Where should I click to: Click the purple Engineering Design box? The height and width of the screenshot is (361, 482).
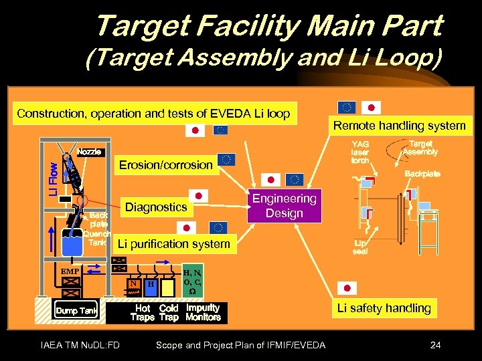(x=284, y=206)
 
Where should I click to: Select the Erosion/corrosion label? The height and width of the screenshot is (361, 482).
(x=165, y=165)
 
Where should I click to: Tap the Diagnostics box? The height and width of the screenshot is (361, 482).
(x=157, y=207)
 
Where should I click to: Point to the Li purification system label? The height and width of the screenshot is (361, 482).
(x=173, y=244)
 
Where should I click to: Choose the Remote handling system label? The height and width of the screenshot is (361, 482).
(x=399, y=126)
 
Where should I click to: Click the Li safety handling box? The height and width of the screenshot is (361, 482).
(x=384, y=308)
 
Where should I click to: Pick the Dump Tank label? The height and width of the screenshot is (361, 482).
(x=76, y=310)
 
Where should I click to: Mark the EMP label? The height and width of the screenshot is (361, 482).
(x=70, y=272)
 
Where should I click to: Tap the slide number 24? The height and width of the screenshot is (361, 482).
(x=435, y=345)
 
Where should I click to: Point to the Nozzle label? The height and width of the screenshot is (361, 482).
(x=89, y=152)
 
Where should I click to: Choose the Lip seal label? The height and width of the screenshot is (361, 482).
(x=360, y=247)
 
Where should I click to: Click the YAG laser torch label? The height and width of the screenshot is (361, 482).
(x=360, y=152)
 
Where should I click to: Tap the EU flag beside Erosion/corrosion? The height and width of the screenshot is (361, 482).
(x=226, y=160)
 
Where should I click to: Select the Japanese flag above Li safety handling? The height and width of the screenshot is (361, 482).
(x=347, y=288)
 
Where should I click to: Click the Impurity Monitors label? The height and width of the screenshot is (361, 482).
(x=203, y=312)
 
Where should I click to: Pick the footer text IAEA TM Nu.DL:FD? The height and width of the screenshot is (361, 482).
(x=80, y=345)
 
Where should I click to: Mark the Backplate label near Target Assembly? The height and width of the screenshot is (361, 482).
(x=422, y=174)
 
